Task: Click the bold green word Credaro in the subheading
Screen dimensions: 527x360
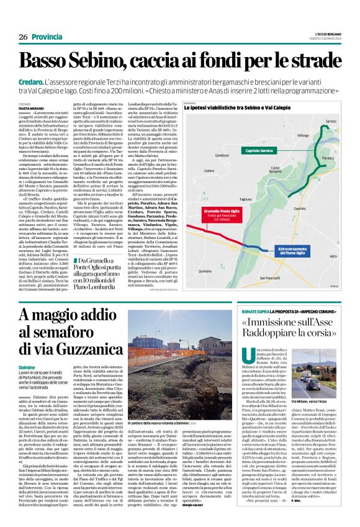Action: click(30, 82)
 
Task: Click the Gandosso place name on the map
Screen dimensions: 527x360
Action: click(223, 156)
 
